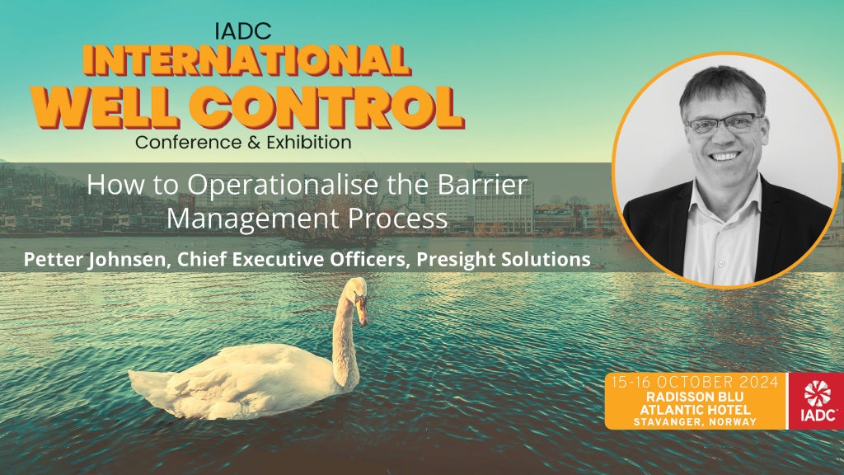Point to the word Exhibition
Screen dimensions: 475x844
pyautogui.click(x=307, y=142)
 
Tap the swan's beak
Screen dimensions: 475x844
pyautogui.click(x=362, y=314)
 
